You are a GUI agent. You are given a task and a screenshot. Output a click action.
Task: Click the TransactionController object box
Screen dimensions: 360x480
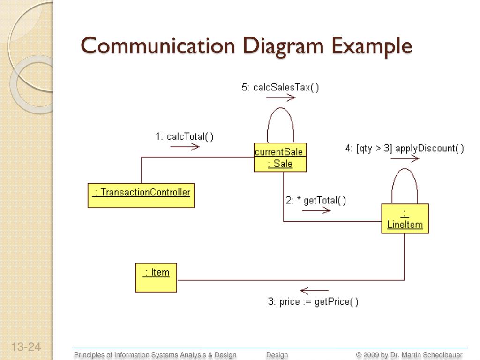pyautogui.click(x=141, y=195)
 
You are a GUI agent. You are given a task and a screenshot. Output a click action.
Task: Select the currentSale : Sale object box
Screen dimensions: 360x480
pyautogui.click(x=280, y=157)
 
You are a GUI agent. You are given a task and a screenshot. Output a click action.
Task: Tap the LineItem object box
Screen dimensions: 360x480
pyautogui.click(x=405, y=218)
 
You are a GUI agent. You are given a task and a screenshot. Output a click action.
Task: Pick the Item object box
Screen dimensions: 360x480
pyautogui.click(x=156, y=277)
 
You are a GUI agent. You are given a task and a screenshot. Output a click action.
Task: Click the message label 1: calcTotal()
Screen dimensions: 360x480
pyautogui.click(x=184, y=136)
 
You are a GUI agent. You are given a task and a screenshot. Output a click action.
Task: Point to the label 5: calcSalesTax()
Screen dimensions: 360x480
pyautogui.click(x=280, y=87)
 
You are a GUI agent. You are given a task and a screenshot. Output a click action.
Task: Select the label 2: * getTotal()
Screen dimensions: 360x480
pyautogui.click(x=316, y=201)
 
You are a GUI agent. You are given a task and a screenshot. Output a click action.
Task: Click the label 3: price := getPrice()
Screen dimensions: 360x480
pyautogui.click(x=313, y=302)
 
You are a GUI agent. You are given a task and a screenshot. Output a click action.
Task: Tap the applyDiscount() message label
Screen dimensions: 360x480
pyautogui.click(x=405, y=149)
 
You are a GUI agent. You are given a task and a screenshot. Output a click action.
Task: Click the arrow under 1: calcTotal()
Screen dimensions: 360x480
pyautogui.click(x=185, y=147)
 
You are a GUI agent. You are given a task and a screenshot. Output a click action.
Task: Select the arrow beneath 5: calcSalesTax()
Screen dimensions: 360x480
pyautogui.click(x=281, y=97)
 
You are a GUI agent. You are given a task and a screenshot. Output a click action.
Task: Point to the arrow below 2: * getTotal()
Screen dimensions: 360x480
pyautogui.click(x=316, y=210)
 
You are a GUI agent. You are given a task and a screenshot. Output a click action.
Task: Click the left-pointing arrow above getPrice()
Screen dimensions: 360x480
pyautogui.click(x=314, y=291)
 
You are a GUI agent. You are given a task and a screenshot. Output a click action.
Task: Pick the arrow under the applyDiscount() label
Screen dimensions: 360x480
pyautogui.click(x=405, y=158)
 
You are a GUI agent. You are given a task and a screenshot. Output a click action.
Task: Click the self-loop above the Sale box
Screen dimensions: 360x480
pyautogui.click(x=280, y=117)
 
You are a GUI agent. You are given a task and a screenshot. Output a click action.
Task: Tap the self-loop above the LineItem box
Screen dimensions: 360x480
pyautogui.click(x=405, y=180)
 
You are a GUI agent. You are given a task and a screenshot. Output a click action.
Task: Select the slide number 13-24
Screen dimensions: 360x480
pyautogui.click(x=26, y=347)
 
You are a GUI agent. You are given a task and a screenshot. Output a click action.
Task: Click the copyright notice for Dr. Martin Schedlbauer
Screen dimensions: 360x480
pyautogui.click(x=409, y=355)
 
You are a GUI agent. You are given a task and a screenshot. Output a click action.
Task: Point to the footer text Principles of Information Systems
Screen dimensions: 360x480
pyautogui.click(x=155, y=355)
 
